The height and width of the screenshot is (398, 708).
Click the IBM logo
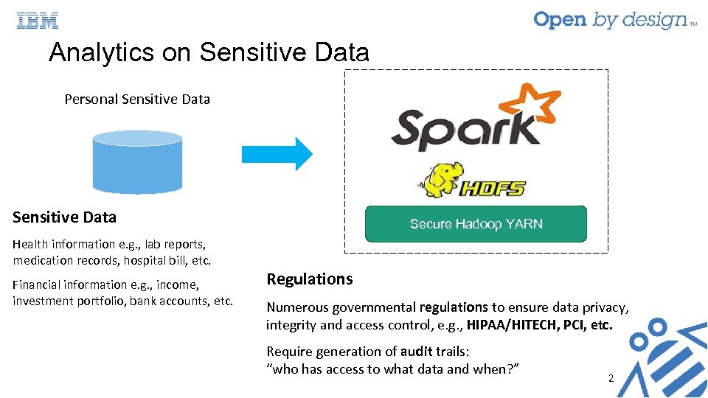[x=38, y=21]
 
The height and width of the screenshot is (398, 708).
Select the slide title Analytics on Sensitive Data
[x=209, y=52]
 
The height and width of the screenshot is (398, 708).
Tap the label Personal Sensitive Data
[x=137, y=99]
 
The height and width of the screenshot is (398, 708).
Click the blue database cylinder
[x=137, y=161]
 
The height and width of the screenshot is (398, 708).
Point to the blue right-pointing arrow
[x=277, y=153]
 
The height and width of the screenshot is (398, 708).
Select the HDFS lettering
[x=493, y=188]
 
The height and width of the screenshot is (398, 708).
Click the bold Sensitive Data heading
[x=64, y=217]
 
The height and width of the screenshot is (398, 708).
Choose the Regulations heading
[x=309, y=279]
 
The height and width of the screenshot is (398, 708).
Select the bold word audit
[x=417, y=351]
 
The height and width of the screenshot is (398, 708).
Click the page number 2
[x=611, y=378]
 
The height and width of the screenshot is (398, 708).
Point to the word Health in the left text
[x=30, y=244]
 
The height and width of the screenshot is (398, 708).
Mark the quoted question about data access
[x=393, y=369]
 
